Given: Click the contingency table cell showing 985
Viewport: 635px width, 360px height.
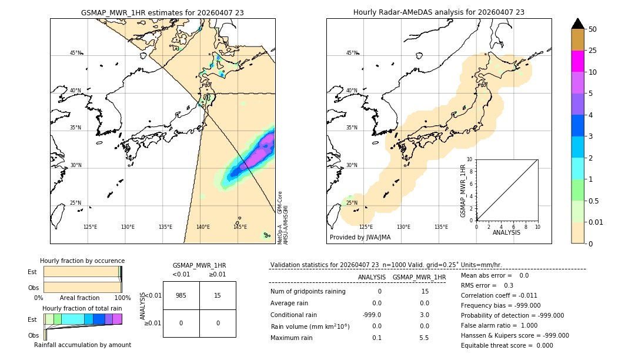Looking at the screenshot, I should pyautogui.click(x=181, y=295).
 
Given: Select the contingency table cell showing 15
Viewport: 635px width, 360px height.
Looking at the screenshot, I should pyautogui.click(x=218, y=295).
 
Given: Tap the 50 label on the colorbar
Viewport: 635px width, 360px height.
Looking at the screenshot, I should pyautogui.click(x=593, y=29).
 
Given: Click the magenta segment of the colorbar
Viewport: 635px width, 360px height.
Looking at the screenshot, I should pyautogui.click(x=578, y=61).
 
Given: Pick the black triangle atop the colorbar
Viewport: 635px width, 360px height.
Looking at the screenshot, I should pyautogui.click(x=578, y=24).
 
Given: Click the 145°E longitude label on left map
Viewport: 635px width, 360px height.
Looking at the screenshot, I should pyautogui.click(x=240, y=227).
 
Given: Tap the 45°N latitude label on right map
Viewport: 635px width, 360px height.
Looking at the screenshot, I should pyautogui.click(x=352, y=53).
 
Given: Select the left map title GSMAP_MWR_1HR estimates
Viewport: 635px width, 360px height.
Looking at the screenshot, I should pyautogui.click(x=162, y=12).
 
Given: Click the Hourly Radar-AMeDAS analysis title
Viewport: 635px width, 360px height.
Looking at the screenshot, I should pyautogui.click(x=439, y=12).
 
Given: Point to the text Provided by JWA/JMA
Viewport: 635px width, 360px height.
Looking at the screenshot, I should pyautogui.click(x=360, y=238).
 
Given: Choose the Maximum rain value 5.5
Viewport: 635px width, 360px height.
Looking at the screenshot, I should pyautogui.click(x=423, y=338).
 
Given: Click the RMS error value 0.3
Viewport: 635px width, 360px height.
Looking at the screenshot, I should pyautogui.click(x=509, y=285).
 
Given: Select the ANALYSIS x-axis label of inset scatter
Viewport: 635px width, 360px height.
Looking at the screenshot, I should pyautogui.click(x=506, y=233).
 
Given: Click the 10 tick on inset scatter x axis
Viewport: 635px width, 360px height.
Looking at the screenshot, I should pyautogui.click(x=537, y=226).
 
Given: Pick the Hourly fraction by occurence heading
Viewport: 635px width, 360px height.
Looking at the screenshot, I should pyautogui.click(x=82, y=261).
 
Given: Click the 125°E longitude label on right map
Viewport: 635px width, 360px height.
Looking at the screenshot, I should pyautogui.click(x=366, y=227).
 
